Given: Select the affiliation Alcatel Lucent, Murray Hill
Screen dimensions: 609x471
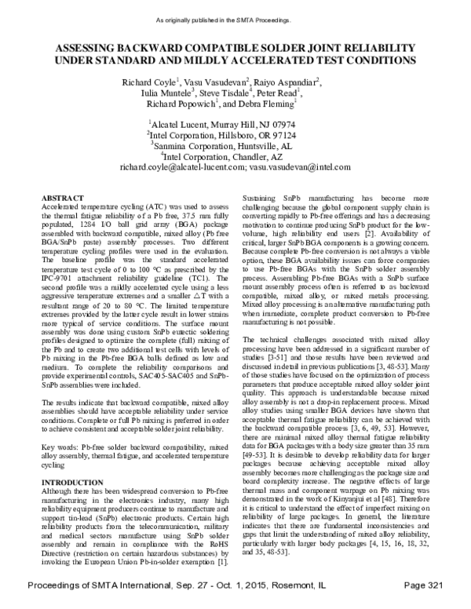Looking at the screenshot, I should (223, 125).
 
